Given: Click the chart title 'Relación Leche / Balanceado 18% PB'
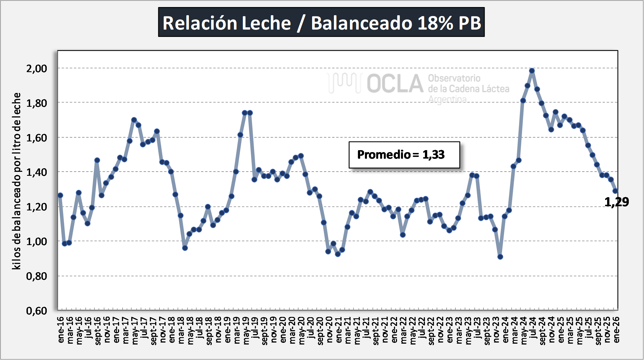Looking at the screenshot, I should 321,22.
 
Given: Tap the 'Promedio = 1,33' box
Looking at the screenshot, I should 404,155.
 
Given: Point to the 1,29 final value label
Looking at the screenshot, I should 616,202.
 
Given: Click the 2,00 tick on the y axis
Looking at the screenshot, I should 37,68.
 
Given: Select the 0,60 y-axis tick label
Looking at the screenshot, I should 37,311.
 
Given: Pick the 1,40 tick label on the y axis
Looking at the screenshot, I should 37,172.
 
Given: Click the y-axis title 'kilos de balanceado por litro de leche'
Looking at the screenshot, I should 16,181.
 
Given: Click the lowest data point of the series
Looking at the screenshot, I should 500,257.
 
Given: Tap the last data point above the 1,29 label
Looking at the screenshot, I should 615,191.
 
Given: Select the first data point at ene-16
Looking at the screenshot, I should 60,195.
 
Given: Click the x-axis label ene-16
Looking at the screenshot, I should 61,330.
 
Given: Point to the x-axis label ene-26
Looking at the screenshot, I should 616,330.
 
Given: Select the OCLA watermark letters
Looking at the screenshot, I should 395,84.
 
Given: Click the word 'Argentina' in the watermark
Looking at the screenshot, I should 447,99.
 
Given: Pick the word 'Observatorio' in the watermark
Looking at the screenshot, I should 454,78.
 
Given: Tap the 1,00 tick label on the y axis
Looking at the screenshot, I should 37,241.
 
